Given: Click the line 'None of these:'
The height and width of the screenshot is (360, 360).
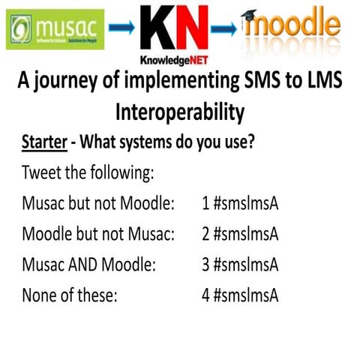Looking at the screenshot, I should (x=70, y=295).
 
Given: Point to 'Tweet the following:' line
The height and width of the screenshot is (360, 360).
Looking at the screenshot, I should (x=88, y=172).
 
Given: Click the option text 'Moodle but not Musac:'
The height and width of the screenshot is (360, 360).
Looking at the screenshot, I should (x=97, y=234).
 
